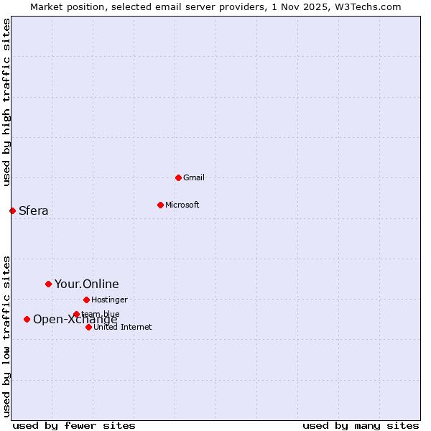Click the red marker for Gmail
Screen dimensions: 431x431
point(178,177)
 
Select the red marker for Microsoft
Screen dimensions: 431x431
point(160,205)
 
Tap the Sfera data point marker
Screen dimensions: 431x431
point(12,210)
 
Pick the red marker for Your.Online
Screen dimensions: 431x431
point(48,284)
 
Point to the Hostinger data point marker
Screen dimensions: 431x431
point(86,300)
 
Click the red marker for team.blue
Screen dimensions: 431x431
point(76,314)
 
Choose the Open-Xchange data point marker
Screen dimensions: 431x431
point(27,319)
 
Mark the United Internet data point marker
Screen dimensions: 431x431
point(88,327)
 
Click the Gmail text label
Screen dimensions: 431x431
point(194,177)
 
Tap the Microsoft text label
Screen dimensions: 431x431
point(182,205)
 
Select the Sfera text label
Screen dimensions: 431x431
point(33,210)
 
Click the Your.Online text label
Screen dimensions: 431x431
point(86,284)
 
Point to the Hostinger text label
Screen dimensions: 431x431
point(109,300)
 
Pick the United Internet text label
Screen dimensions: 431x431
point(122,327)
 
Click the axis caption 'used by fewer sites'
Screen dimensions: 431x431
point(74,425)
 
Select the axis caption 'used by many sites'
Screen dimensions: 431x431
point(361,425)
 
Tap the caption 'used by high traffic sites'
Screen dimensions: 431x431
point(6,102)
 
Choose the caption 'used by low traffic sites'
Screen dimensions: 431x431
point(6,335)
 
